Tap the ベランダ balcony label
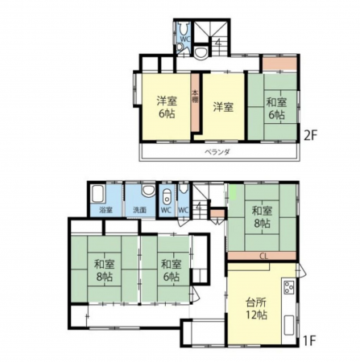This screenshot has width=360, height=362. (214, 150)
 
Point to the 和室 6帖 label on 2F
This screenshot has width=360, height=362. (276, 108)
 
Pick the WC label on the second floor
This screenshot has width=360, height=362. (184, 38)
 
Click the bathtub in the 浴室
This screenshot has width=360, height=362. (99, 196)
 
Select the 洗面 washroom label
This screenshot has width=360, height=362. (139, 210)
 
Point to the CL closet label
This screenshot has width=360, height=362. (263, 257)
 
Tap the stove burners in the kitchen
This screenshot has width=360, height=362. (288, 287)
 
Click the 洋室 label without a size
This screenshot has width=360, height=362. (223, 106)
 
